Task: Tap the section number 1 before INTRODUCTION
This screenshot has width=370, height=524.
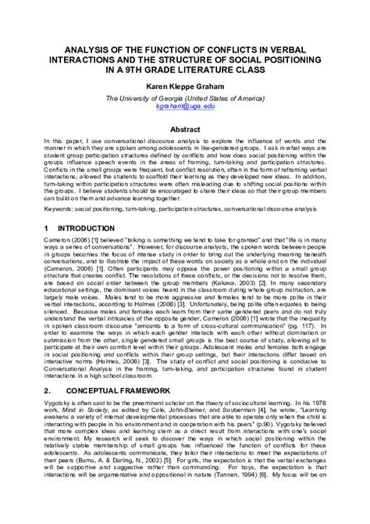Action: (45, 227)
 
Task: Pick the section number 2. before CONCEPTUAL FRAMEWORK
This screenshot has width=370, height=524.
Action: (48, 411)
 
